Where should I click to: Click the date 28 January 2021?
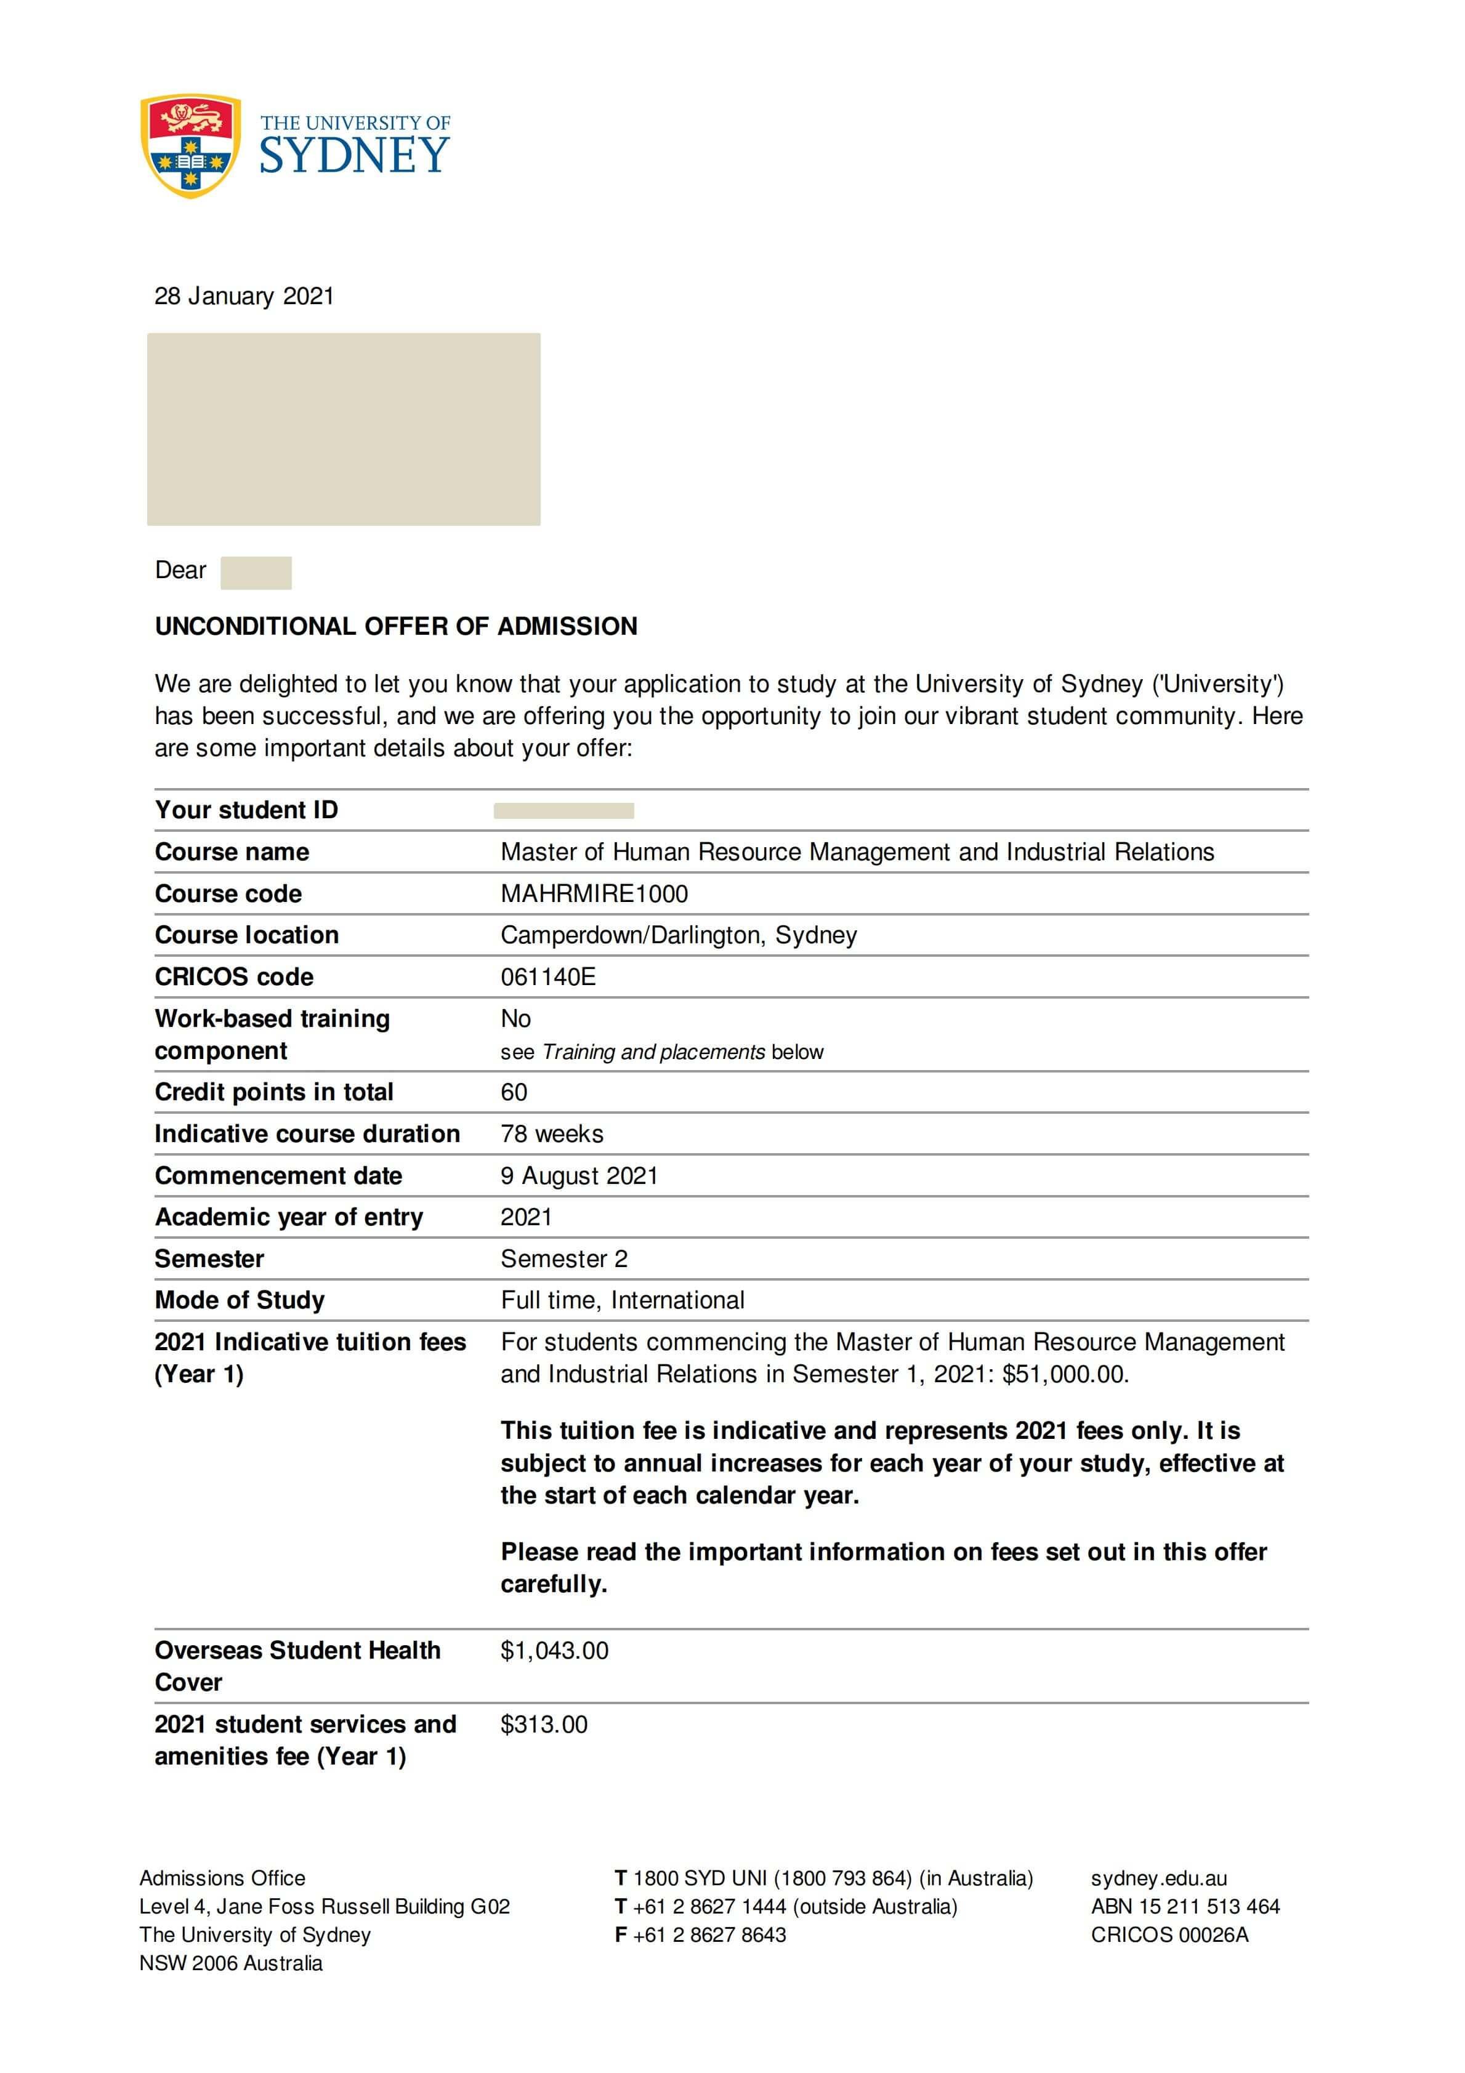coord(244,296)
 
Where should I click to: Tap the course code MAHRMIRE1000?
coord(594,894)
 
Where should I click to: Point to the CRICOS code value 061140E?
coord(547,977)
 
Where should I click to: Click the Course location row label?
coord(246,935)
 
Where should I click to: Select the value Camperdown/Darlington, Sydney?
coord(678,935)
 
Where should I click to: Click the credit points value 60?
coord(514,1092)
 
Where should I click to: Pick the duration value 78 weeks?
coord(552,1134)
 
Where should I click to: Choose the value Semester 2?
coord(563,1258)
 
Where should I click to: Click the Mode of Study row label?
coord(240,1300)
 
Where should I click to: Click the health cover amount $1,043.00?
coord(555,1651)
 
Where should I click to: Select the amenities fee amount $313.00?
coord(544,1725)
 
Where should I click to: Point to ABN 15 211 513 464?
coord(1185,1906)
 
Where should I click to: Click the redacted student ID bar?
coord(563,811)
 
